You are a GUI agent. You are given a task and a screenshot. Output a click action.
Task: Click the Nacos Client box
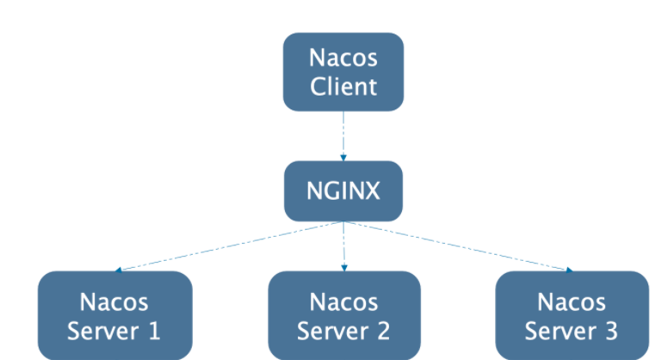343,72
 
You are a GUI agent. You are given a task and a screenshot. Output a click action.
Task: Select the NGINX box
343,190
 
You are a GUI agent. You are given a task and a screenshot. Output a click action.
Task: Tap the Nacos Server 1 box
114,315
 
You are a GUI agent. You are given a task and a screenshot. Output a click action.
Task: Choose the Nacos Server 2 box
343,315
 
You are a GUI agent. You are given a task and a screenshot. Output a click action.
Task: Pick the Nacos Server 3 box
572,315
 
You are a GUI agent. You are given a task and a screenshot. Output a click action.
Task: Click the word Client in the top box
343,87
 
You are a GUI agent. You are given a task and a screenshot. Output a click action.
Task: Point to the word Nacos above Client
343,59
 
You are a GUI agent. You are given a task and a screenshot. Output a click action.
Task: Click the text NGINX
343,190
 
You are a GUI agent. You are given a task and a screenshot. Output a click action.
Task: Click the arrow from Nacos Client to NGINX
343,133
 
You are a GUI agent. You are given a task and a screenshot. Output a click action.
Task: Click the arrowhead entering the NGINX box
343,158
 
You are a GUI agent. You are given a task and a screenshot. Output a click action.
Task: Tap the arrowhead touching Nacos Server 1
118,269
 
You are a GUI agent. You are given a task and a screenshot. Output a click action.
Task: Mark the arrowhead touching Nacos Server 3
569,269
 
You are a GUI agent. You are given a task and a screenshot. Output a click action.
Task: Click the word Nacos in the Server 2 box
343,301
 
